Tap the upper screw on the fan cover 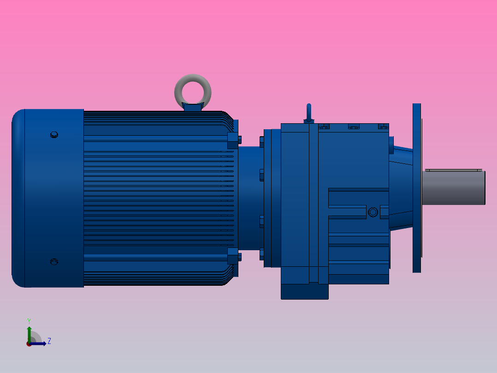54,135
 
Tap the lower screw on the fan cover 54,262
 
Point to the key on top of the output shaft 452,170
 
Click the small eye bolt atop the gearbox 309,113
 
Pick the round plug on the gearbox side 373,212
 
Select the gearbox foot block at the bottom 304,291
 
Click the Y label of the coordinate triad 29,320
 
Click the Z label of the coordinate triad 49,341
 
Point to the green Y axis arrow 29,333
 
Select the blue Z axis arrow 40,343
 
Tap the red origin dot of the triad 29,344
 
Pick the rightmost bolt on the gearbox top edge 383,126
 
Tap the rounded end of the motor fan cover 18,198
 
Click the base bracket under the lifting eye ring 193,108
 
